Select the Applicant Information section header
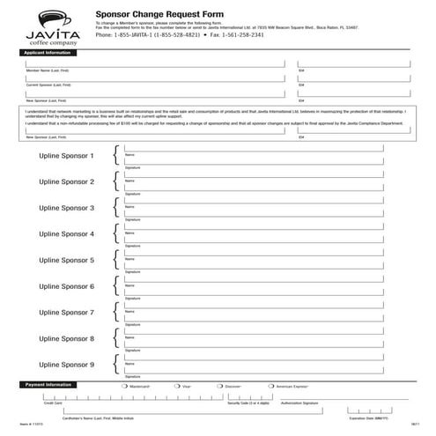(x=49, y=53)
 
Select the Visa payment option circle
(x=177, y=386)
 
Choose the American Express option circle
(x=271, y=386)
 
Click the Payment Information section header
(x=48, y=385)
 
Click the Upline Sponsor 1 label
(x=66, y=156)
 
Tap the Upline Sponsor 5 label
(x=66, y=261)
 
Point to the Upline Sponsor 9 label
(x=66, y=365)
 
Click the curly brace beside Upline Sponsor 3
(x=115, y=208)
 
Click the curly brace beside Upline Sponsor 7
(x=115, y=313)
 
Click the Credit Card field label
(x=53, y=403)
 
